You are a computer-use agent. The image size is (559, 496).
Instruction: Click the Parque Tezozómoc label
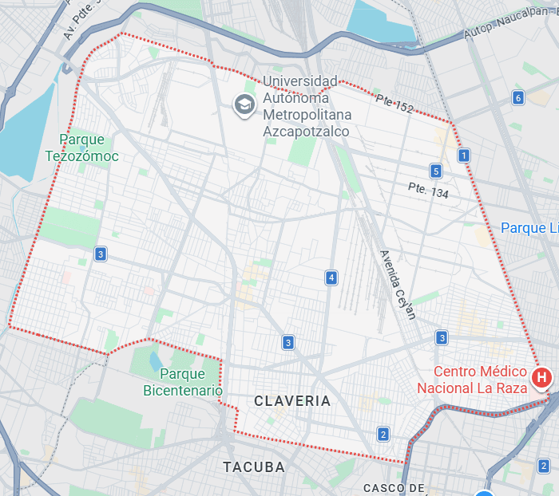88,148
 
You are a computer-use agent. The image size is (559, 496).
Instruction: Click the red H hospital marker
541,376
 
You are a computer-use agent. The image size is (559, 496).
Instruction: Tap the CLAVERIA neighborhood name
291,401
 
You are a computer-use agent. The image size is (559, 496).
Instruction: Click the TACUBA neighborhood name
254,466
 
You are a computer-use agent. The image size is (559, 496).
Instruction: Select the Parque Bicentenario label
183,382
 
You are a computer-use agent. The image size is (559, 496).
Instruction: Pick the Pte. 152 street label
394,103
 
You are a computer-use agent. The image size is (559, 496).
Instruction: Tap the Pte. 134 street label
428,191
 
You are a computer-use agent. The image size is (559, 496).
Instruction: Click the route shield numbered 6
518,98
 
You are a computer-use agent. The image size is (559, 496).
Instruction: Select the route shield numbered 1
463,155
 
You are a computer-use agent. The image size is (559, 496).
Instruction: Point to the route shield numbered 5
435,171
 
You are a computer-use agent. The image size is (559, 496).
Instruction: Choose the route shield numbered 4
331,278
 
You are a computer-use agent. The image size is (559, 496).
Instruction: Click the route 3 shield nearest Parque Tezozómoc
100,254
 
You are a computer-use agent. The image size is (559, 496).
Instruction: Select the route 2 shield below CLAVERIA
383,434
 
